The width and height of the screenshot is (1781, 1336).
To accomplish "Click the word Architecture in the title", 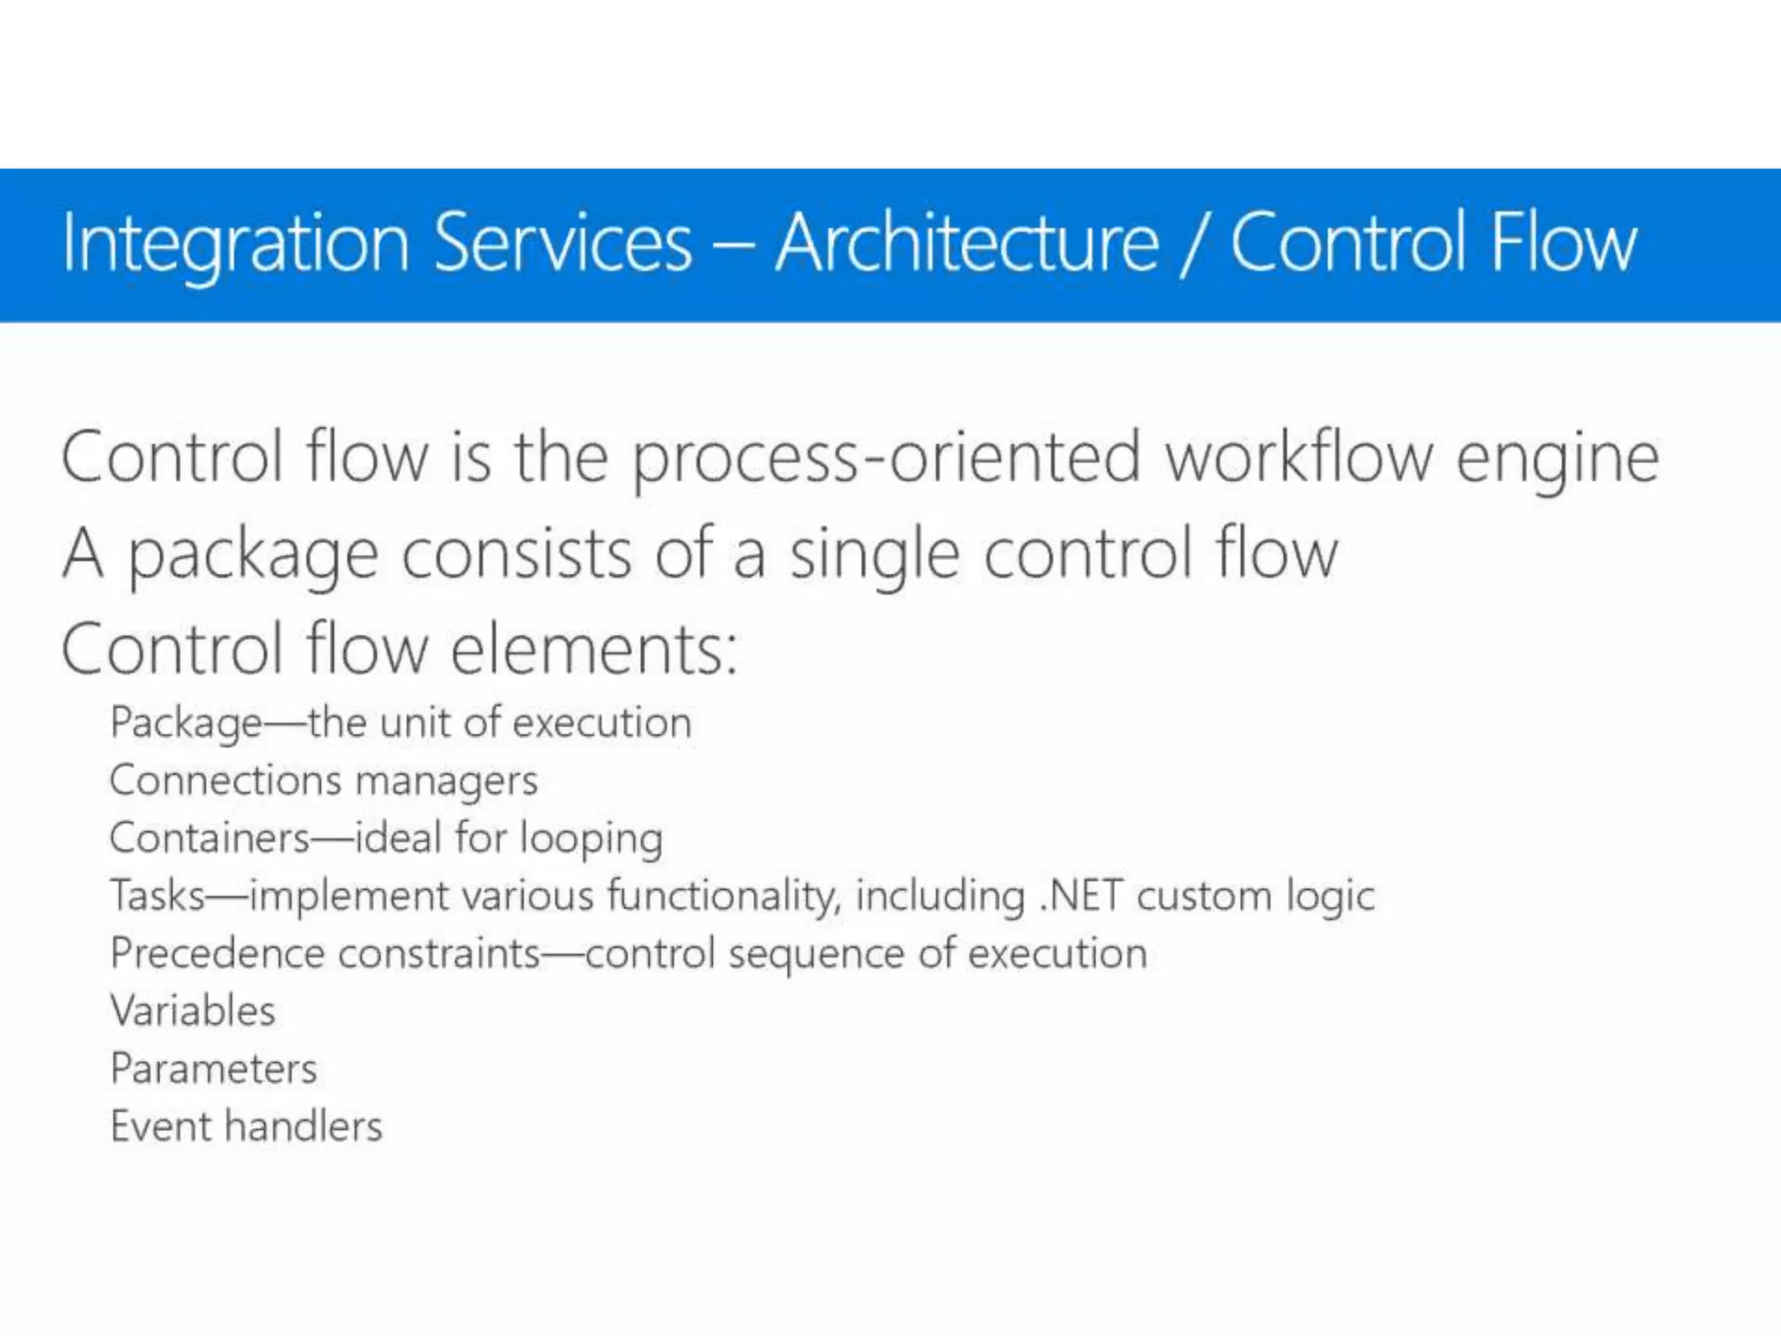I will coord(967,244).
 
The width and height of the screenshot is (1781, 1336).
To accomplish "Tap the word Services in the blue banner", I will coord(562,244).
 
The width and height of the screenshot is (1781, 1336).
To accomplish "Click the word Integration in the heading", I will coord(235,245).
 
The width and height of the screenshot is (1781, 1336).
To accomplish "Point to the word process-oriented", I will coord(884,458).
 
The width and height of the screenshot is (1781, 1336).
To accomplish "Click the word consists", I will coord(515,554).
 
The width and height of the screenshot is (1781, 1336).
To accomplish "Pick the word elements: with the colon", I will coord(594,650).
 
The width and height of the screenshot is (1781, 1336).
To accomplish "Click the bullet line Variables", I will coord(192,1012).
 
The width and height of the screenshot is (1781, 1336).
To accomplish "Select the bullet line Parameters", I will coord(213,1069).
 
